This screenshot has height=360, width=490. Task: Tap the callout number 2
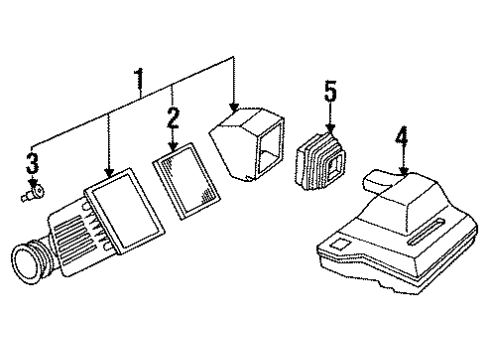[x=174, y=121]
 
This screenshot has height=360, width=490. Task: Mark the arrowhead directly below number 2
[x=174, y=147]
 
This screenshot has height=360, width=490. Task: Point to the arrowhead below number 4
[x=403, y=173]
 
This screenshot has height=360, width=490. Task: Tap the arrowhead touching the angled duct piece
[x=235, y=111]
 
